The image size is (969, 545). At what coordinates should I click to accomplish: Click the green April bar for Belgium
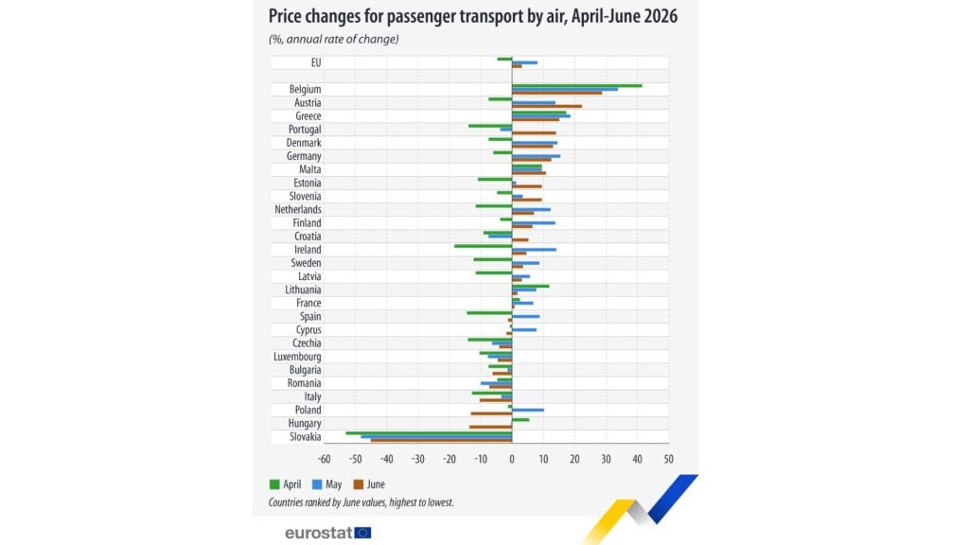tap(577, 86)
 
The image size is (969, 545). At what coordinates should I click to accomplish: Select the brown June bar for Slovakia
tap(441, 440)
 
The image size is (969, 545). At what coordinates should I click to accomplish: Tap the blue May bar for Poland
tap(528, 410)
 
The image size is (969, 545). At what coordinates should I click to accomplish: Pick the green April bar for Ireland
tap(484, 246)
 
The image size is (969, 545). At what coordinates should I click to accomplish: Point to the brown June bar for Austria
tap(547, 106)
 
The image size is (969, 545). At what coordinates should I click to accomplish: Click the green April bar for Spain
tap(489, 312)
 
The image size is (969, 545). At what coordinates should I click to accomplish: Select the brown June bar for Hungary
tap(491, 427)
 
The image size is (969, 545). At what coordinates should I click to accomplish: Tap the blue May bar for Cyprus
tap(524, 330)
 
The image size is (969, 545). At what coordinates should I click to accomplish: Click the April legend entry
tap(286, 484)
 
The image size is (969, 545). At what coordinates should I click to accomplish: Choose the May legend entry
tap(326, 484)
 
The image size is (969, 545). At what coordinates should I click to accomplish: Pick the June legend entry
tap(369, 484)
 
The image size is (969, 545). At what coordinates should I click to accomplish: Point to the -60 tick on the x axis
tap(324, 459)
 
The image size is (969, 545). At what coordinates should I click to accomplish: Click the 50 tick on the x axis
tap(668, 459)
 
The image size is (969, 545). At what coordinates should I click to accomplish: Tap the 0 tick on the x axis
tap(512, 459)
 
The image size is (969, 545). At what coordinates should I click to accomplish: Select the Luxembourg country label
tap(297, 357)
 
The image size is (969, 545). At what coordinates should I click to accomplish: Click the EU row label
tap(316, 62)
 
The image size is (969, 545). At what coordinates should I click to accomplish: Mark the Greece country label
tap(308, 116)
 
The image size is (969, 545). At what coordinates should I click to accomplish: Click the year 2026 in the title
tap(661, 16)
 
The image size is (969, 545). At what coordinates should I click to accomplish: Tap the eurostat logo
tap(327, 533)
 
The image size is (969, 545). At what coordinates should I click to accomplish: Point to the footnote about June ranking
tap(361, 502)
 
